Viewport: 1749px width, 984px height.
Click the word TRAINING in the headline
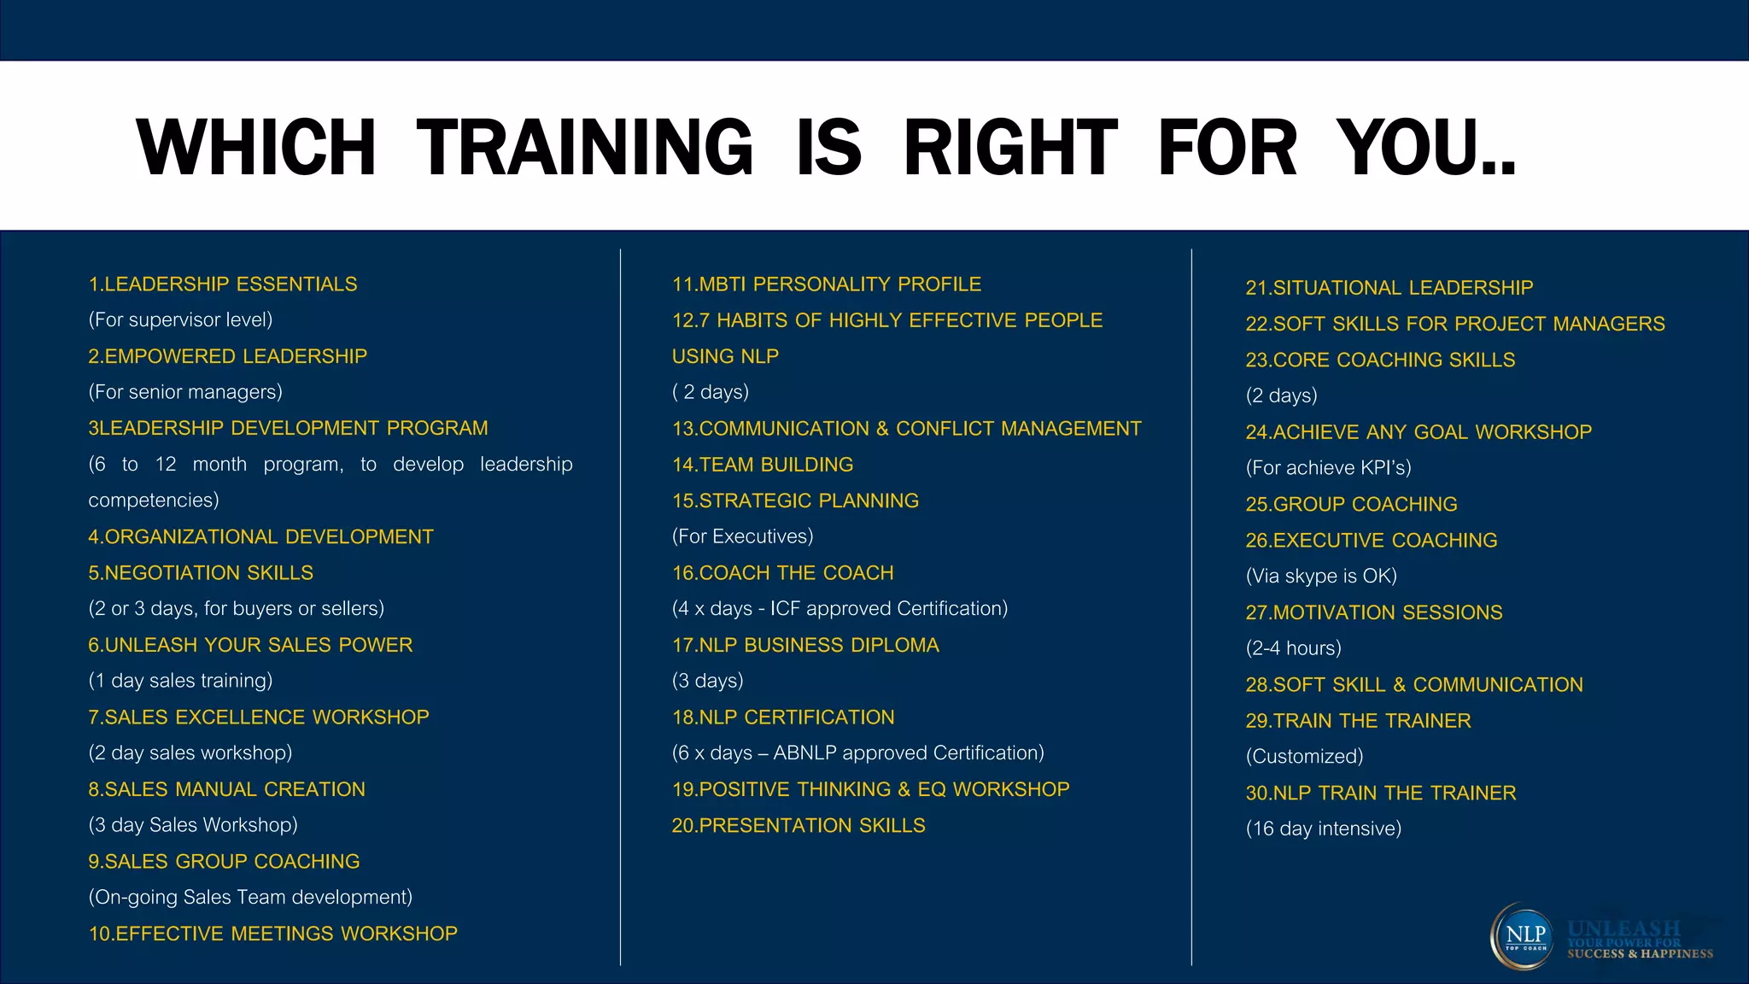(584, 148)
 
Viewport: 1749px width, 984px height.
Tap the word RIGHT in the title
(1010, 148)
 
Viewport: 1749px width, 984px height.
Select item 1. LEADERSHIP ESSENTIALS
(223, 284)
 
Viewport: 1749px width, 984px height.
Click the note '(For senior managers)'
(185, 392)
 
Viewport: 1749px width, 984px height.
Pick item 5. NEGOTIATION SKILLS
(201, 573)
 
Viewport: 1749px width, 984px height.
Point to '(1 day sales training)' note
(180, 681)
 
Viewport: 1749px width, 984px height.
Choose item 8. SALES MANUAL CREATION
(226, 789)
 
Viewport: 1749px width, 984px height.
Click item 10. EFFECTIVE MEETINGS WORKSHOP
(272, 934)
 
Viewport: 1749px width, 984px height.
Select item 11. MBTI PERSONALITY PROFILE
(826, 284)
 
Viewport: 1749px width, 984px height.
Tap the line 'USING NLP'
(725, 356)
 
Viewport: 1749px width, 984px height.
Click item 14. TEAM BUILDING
(762, 465)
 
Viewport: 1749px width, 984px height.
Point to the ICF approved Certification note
(839, 609)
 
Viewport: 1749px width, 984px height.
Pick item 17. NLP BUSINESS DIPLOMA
(804, 645)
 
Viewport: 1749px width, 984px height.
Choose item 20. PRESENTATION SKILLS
(798, 826)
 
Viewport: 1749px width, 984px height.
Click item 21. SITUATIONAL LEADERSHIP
(1389, 288)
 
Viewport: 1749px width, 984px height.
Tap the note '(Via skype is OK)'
(1320, 577)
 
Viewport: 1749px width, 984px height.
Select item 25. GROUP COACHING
(1351, 505)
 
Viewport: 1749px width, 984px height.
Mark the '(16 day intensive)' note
(1323, 829)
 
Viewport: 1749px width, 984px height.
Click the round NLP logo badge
(1524, 936)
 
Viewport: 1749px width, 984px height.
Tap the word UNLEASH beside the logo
(1623, 928)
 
